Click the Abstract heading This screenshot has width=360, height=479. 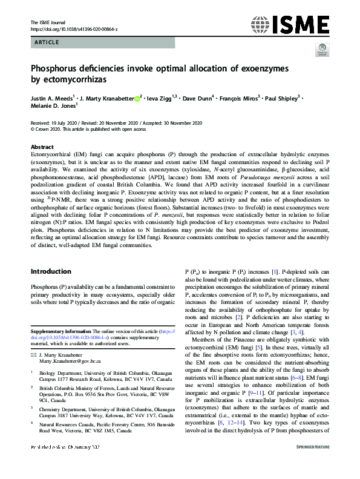pos(41,147)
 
